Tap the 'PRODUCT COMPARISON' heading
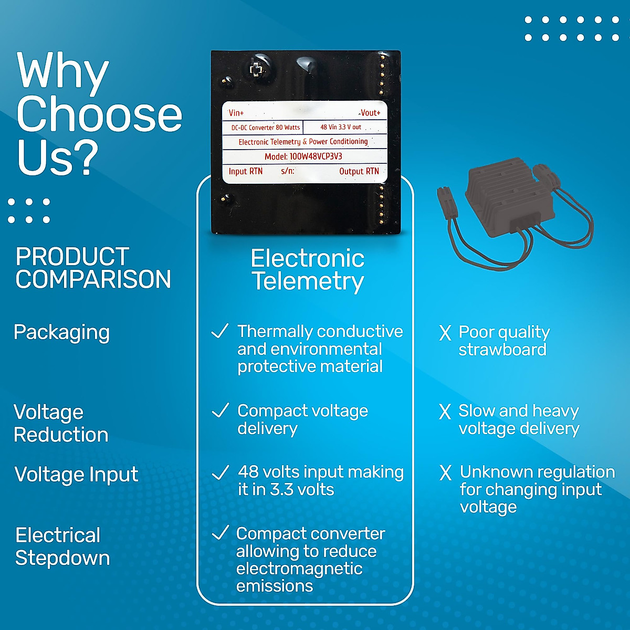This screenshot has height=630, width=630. pyautogui.click(x=93, y=268)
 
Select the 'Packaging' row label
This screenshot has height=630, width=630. pyautogui.click(x=61, y=333)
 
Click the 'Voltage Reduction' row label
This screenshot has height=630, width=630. pyautogui.click(x=61, y=423)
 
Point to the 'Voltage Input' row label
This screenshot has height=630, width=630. pyautogui.click(x=76, y=474)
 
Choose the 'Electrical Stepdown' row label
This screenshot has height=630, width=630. pyautogui.click(x=62, y=547)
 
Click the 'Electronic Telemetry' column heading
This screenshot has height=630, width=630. pyautogui.click(x=308, y=270)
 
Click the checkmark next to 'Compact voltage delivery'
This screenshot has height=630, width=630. pyautogui.click(x=219, y=410)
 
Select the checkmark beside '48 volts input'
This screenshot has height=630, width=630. pyautogui.click(x=220, y=472)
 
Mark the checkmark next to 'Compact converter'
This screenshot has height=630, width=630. pyautogui.click(x=220, y=533)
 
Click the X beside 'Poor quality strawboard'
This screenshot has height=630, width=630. pyautogui.click(x=445, y=333)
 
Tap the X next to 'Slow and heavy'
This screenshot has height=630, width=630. pyautogui.click(x=445, y=412)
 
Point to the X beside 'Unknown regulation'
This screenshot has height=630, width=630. pyautogui.click(x=446, y=472)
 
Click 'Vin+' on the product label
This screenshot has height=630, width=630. pyautogui.click(x=236, y=113)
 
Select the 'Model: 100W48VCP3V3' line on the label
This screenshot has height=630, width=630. pyautogui.click(x=303, y=156)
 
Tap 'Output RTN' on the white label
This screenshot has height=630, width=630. pyautogui.click(x=359, y=171)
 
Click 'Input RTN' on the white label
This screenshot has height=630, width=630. pyautogui.click(x=246, y=171)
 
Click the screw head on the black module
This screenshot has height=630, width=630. pyautogui.click(x=257, y=69)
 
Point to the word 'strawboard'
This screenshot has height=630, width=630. pyautogui.click(x=502, y=350)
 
